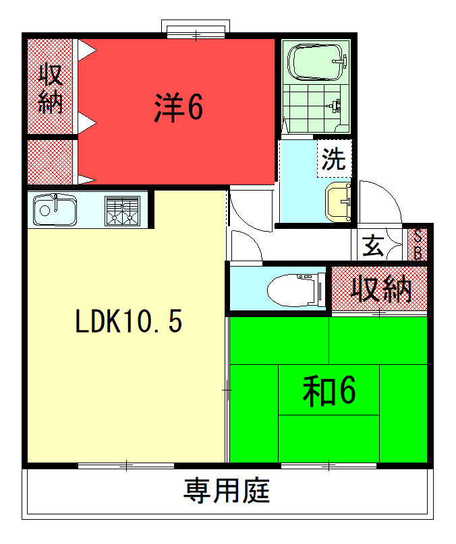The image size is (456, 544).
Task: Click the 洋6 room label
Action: coord(178,107)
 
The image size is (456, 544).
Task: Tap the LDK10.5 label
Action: coord(129,321)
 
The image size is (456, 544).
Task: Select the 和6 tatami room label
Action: coord(329,391)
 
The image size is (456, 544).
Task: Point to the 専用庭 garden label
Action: coord(227,491)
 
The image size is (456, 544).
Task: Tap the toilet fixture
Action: coord(296,290)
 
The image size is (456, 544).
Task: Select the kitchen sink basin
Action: coord(55,209)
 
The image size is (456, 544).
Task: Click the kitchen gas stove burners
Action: coord(122,211)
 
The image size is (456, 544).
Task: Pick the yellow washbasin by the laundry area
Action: coord(338,202)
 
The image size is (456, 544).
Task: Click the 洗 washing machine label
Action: coord(334,160)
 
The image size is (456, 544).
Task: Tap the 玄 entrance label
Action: coord(373,245)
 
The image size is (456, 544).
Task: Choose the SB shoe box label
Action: coord(418,245)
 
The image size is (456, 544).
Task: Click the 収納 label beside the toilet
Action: coord(381,289)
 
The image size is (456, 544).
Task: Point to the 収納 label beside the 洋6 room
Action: coord(51,89)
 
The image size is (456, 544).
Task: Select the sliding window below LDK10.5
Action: coord(126,465)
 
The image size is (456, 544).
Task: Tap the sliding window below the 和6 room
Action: coord(329,465)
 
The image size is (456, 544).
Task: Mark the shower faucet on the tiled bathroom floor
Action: coord(335,106)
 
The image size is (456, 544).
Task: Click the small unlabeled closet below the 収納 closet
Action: coord(50,162)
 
